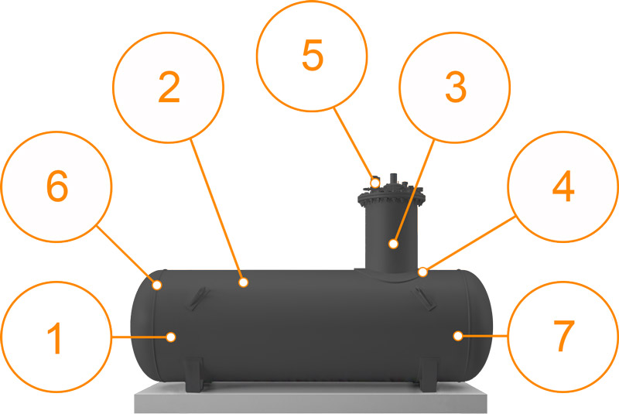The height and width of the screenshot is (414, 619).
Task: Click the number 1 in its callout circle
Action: pos(55,338)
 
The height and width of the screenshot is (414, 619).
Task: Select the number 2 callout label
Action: pos(169,87)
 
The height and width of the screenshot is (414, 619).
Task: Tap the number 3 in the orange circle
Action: pos(456,87)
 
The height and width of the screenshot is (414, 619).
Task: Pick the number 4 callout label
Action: pos(563,186)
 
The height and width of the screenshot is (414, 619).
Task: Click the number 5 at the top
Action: pos(313,55)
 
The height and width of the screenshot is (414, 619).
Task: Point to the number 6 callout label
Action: pos(57,186)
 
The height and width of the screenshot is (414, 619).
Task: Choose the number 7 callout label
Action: pos(564,336)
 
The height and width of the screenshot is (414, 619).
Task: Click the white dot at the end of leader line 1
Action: pos(171,337)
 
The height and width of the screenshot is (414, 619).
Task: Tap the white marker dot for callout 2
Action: pos(243,282)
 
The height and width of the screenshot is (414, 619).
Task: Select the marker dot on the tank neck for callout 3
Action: pos(393,244)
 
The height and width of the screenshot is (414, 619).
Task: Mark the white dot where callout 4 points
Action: pos(422,272)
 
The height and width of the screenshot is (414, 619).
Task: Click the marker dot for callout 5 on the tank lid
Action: pos(375,183)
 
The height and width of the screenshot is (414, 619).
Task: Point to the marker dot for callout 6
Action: pos(157,285)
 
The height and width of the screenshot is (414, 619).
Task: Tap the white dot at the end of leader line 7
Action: pos(458,336)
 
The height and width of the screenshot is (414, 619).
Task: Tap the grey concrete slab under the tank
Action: pos(311,398)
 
